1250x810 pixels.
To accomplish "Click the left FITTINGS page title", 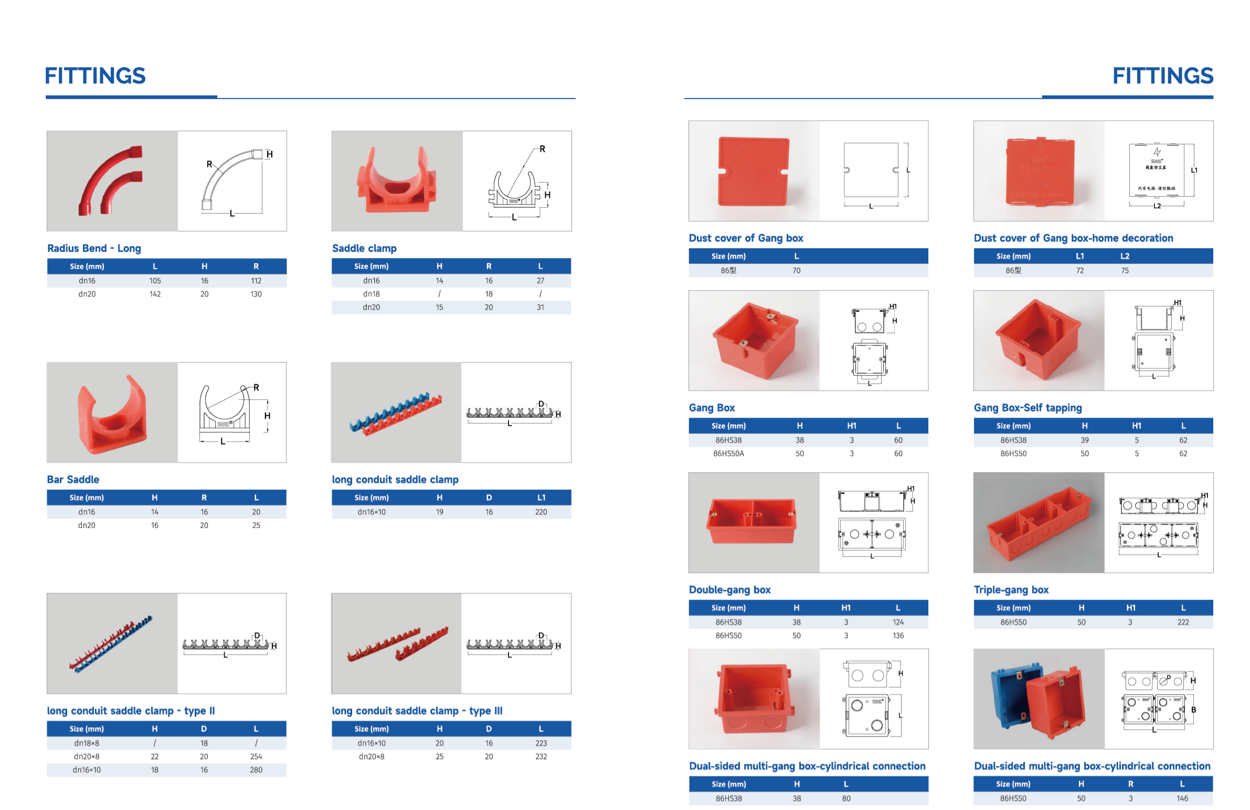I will [95, 76].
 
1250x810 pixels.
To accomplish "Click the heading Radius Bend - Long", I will [94, 248].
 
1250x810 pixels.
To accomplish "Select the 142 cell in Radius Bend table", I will [155, 294].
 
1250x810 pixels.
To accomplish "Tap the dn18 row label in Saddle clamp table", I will [371, 294].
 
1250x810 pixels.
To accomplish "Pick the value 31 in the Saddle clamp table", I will [540, 307].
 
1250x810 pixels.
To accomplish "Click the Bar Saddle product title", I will [73, 479].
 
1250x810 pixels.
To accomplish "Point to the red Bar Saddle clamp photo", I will [111, 415].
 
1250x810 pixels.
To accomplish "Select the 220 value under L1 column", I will [541, 512].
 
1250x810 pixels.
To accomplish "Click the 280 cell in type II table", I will [256, 770].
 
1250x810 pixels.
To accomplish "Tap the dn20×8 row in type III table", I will [372, 756].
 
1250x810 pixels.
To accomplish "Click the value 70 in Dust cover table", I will [796, 270].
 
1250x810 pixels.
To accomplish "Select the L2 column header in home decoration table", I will [1125, 256].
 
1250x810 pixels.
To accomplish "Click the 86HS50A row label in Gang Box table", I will [728, 454].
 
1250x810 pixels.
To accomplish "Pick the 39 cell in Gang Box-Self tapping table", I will [1084, 440].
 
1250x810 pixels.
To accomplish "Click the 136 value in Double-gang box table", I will [897, 635].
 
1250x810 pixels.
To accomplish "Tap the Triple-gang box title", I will [1011, 590].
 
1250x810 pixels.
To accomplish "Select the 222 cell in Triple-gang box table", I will [1182, 622].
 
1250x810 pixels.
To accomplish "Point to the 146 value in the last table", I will [1182, 798].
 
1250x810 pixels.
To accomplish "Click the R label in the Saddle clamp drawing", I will [542, 149].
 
